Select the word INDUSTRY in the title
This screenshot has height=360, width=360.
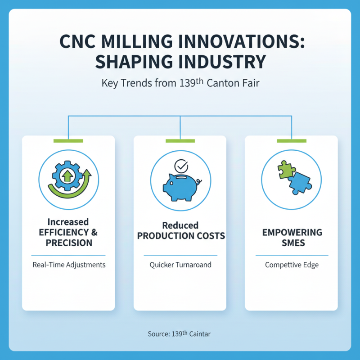[224, 61]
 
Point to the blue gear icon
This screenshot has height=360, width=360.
[67, 175]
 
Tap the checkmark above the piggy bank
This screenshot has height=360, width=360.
[181, 166]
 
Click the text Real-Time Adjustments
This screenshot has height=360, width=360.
[69, 265]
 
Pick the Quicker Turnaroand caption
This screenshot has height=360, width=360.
[180, 265]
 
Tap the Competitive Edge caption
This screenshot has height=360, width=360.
[292, 265]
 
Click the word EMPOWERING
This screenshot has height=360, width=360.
[292, 233]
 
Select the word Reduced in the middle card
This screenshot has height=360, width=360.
[180, 225]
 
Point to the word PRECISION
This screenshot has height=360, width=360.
[69, 243]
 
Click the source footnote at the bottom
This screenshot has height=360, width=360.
[179, 334]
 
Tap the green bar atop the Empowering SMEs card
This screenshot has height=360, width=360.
[291, 141]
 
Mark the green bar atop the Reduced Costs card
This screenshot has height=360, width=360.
[180, 141]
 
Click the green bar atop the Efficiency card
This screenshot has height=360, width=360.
[68, 141]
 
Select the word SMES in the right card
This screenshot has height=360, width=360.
[292, 243]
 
